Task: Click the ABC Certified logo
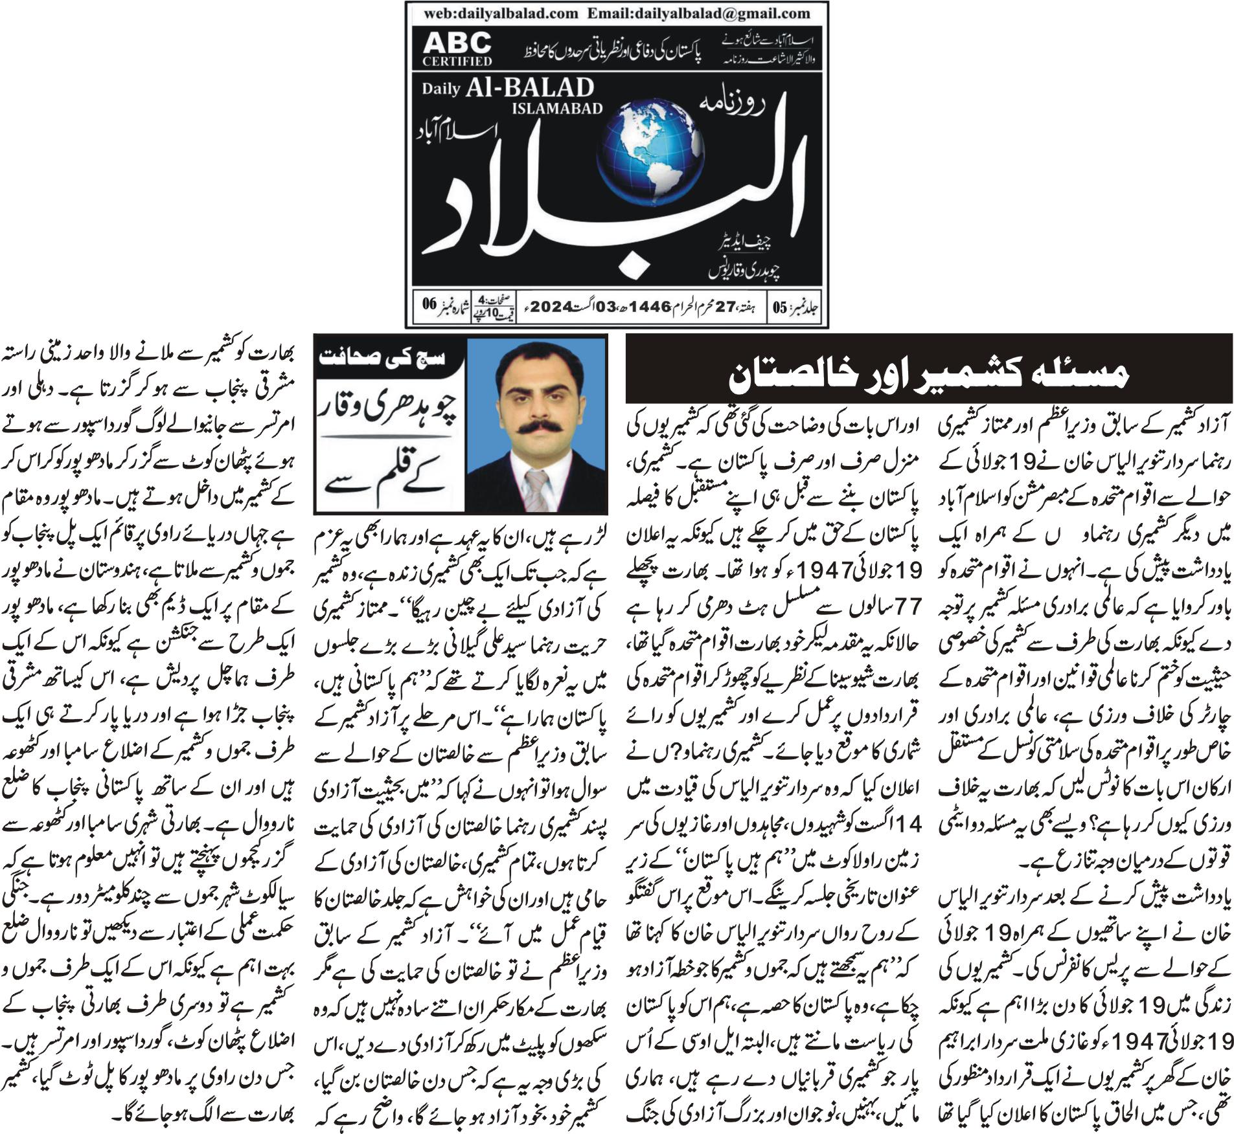(457, 49)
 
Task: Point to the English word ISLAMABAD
(556, 107)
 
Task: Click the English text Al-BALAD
(528, 88)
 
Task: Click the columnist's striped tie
(536, 489)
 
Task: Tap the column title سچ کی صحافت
(387, 358)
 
